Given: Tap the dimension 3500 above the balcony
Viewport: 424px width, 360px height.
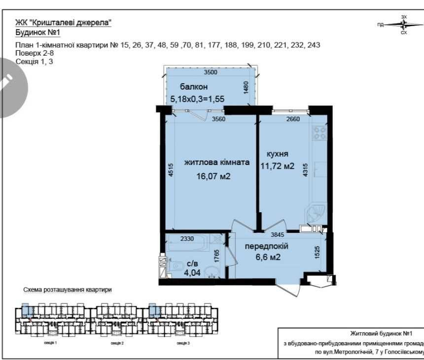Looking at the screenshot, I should pos(211,72).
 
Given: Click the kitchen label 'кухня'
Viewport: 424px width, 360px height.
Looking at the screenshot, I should pos(278,153).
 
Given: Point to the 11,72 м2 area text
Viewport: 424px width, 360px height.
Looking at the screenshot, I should pos(277,166).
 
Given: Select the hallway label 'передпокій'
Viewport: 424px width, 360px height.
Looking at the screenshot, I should pos(266,246).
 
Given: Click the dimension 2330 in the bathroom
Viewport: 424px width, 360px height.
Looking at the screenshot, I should pos(187,239).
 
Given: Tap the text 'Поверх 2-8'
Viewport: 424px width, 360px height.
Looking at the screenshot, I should pos(33,53).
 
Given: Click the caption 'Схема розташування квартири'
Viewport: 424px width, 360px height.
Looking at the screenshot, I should pos(68,290).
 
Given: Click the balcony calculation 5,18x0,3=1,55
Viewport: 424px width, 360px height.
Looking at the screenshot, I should pos(197,99).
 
